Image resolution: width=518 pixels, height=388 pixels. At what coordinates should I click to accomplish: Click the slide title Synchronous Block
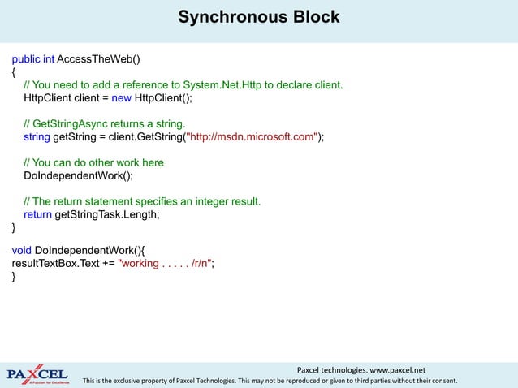point(258,17)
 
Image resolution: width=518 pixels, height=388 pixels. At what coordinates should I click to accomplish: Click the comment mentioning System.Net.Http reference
point(183,85)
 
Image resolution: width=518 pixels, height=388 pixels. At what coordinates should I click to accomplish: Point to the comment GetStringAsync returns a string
point(105,124)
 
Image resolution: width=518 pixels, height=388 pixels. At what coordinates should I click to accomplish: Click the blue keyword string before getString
point(37,137)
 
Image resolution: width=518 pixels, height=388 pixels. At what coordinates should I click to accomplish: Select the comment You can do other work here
point(93,162)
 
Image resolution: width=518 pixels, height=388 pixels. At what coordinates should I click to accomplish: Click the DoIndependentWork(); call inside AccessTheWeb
point(78,175)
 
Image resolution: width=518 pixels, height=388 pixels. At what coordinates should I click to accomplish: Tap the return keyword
point(37,214)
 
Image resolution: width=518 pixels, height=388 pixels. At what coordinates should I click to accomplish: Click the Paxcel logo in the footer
point(39,373)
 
